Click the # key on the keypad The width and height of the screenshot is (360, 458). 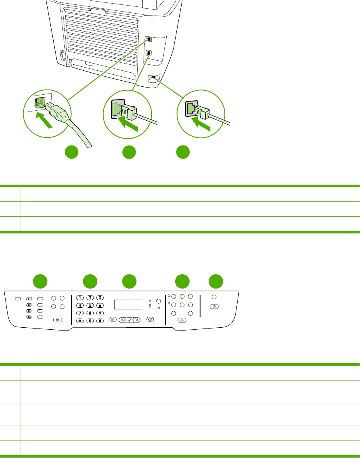click(x=100, y=321)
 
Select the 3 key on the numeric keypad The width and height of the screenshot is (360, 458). click(x=100, y=298)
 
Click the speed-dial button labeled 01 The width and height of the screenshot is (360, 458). click(x=29, y=298)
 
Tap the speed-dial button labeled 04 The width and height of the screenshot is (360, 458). click(x=29, y=317)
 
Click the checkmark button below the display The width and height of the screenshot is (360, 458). click(x=128, y=320)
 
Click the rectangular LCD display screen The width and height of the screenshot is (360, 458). click(x=129, y=305)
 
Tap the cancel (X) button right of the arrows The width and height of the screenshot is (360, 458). click(x=150, y=320)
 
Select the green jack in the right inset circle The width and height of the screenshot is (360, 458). click(x=191, y=108)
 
